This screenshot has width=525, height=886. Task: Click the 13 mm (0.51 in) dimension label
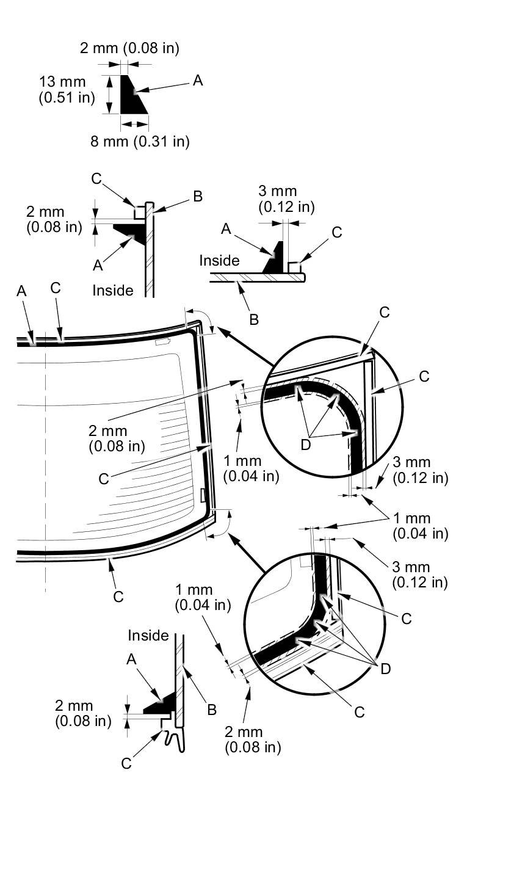point(67,89)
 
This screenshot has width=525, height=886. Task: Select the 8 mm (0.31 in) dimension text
point(140,142)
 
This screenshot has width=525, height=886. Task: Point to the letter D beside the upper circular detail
point(306,445)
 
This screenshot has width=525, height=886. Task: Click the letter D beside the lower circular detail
point(385,669)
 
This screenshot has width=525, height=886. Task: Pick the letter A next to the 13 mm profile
point(197,80)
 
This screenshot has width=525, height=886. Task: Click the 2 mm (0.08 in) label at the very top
point(129,48)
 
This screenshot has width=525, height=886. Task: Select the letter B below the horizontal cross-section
point(254,319)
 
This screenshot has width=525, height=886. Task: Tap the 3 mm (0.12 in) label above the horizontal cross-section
point(286,200)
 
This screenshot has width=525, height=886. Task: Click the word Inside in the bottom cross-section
point(148,636)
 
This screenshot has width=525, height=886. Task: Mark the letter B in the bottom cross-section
point(211,710)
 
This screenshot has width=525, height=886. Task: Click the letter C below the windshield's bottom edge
point(118,596)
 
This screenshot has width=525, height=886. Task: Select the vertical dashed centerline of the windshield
point(46,464)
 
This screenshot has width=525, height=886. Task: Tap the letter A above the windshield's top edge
point(21,291)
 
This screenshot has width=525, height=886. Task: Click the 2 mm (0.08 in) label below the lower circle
point(253,739)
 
